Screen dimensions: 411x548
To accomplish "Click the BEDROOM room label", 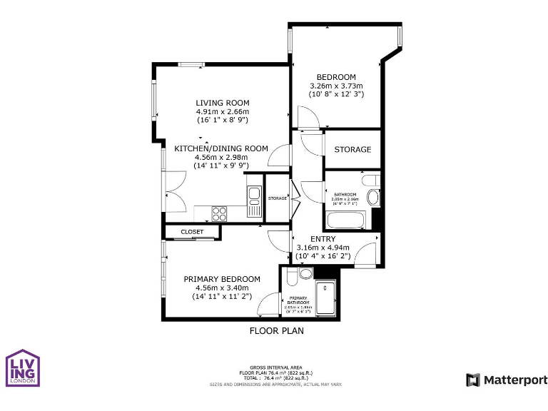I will tap(336, 77).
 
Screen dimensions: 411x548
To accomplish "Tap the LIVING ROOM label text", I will tap(223, 103).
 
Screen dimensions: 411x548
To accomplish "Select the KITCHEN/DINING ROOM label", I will tap(221, 148).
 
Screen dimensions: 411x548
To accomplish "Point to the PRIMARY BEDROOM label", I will tap(222, 279).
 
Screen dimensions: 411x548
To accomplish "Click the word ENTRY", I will tap(323, 239).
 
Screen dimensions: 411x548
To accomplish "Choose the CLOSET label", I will tap(191, 232).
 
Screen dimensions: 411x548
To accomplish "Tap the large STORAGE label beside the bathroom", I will tap(352, 150).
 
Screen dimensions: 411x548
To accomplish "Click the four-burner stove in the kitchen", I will tap(220, 213).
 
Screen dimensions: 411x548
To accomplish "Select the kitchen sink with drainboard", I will tap(254, 200).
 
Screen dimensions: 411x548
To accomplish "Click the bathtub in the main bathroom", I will tap(346, 218).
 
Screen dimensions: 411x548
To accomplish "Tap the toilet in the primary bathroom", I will tap(305, 273).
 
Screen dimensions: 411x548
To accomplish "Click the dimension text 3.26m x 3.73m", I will tap(336, 86).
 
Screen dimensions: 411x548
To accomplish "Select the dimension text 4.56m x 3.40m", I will tap(222, 288).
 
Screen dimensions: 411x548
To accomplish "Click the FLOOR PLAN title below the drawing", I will tap(276, 330).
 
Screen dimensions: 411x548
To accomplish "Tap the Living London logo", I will tap(23, 368).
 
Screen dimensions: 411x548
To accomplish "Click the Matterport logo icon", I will tap(473, 380).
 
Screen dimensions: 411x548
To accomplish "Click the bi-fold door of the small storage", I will tap(292, 197).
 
